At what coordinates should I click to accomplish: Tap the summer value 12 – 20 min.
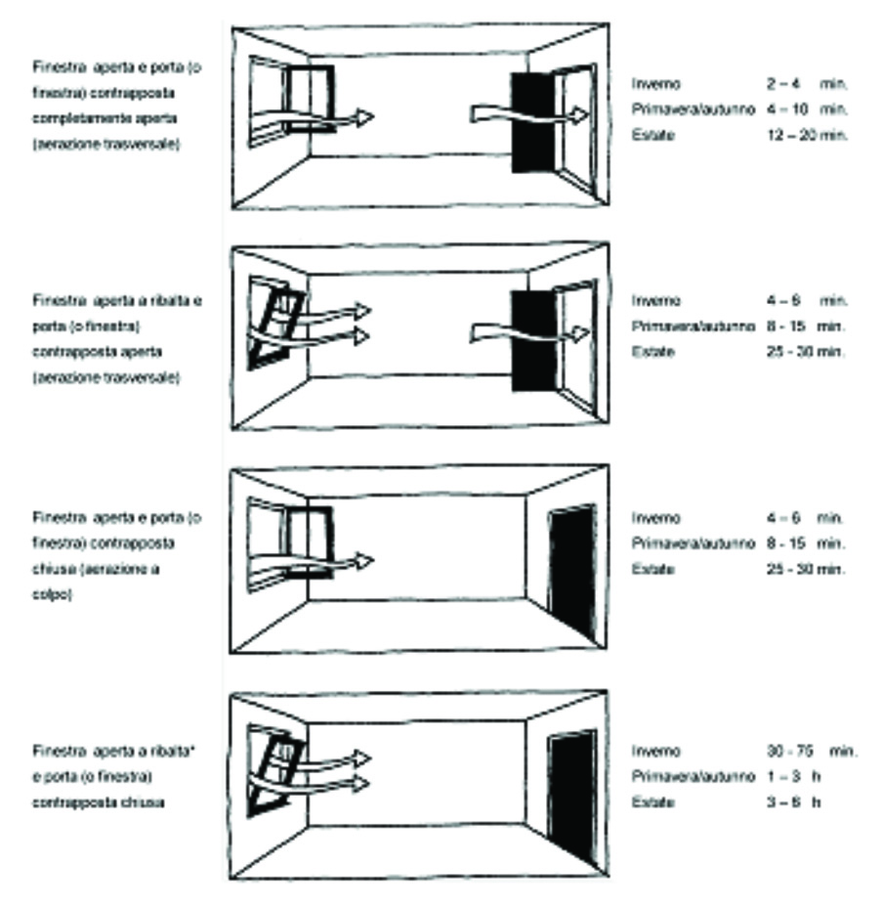(806, 134)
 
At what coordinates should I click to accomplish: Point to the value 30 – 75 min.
(811, 751)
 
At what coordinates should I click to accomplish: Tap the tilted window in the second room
(275, 319)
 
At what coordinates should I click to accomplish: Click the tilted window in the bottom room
(275, 767)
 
